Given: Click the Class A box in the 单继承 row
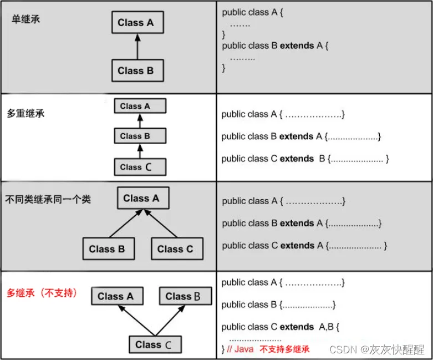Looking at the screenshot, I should tap(136, 23).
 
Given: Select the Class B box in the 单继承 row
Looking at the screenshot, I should tap(136, 71).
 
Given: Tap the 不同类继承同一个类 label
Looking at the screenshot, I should tap(48, 200).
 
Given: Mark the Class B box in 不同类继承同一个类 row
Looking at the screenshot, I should tap(107, 249).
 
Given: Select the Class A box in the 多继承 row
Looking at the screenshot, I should tap(116, 296).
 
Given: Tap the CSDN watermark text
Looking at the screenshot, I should tap(377, 349).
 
